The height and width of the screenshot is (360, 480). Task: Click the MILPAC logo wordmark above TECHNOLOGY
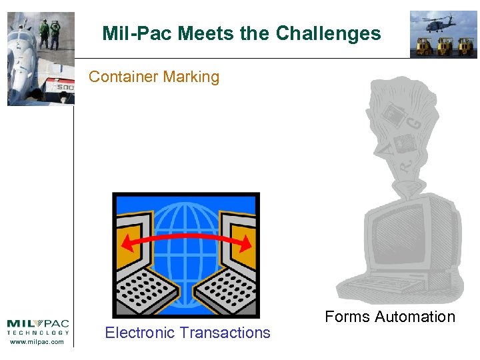38,323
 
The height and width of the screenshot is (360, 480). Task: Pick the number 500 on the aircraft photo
65,87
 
